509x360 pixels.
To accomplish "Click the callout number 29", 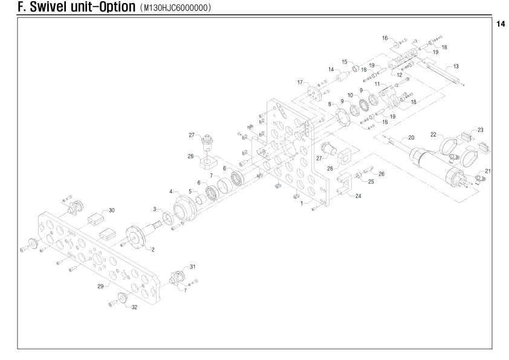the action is pyautogui.click(x=100, y=286).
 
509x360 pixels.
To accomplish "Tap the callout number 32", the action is pyautogui.click(x=134, y=307).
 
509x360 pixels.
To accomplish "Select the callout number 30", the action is pyautogui.click(x=112, y=210).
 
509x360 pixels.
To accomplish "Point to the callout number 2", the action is pyautogui.click(x=153, y=249).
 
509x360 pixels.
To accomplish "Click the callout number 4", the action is pyautogui.click(x=170, y=191).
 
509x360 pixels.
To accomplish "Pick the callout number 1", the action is pyautogui.click(x=302, y=204).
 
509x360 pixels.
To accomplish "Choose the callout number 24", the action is pyautogui.click(x=358, y=196).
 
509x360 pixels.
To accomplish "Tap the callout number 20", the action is pyautogui.click(x=411, y=138).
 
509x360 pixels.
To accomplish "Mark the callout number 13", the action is pyautogui.click(x=456, y=66).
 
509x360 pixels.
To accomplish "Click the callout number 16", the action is pyautogui.click(x=385, y=38).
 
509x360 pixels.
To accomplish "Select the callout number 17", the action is pyautogui.click(x=300, y=82).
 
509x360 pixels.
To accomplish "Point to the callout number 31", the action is pyautogui.click(x=193, y=266).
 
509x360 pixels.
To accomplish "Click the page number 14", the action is pyautogui.click(x=501, y=24).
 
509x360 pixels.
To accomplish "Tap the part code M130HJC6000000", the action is pyautogui.click(x=176, y=7).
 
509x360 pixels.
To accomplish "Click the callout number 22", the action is pyautogui.click(x=433, y=134).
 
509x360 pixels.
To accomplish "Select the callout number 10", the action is pyautogui.click(x=350, y=95).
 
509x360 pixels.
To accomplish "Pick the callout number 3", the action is pyautogui.click(x=155, y=209).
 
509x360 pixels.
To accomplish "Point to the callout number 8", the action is pyautogui.click(x=330, y=104).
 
